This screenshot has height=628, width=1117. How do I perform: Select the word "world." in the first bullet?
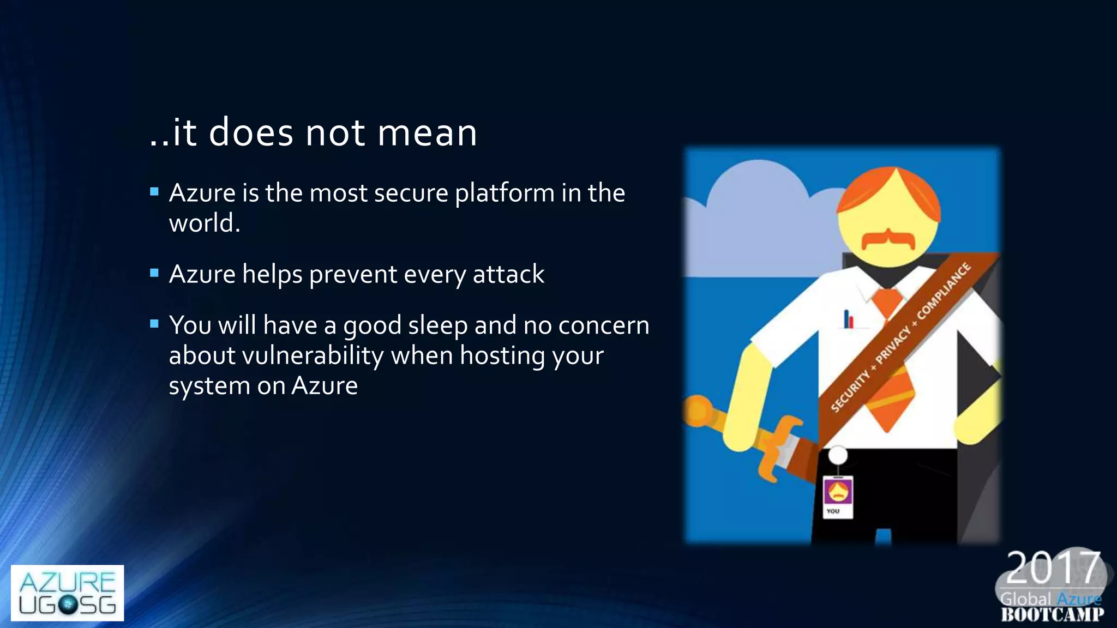click(205, 223)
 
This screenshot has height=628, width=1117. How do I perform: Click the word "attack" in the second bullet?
click(508, 274)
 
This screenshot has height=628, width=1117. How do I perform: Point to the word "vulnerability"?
click(313, 356)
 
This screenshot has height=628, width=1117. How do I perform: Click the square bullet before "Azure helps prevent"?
click(154, 273)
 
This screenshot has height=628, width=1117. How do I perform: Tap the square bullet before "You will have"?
click(154, 324)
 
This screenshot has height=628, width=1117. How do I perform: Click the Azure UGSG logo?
click(67, 593)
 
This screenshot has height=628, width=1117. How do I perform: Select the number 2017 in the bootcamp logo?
click(1053, 568)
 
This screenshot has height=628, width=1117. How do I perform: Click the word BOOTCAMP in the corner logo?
click(1053, 615)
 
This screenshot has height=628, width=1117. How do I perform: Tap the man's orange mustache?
click(888, 239)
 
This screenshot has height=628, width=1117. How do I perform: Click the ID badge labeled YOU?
click(838, 496)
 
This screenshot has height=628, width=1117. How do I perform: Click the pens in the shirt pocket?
click(848, 319)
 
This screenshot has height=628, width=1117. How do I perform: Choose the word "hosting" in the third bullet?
click(502, 356)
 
